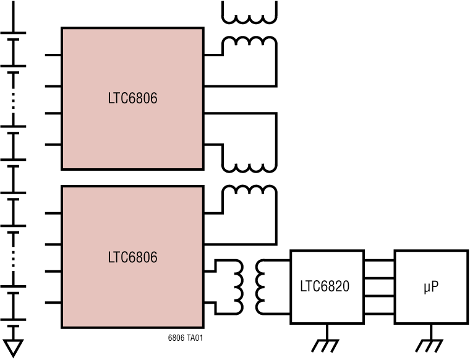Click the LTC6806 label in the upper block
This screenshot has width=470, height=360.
click(x=132, y=98)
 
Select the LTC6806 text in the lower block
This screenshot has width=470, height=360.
click(x=132, y=257)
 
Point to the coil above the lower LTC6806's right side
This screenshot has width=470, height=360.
click(x=249, y=192)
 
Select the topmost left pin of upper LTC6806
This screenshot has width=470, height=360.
click(x=53, y=55)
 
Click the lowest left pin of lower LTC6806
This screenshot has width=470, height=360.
click(x=53, y=302)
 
